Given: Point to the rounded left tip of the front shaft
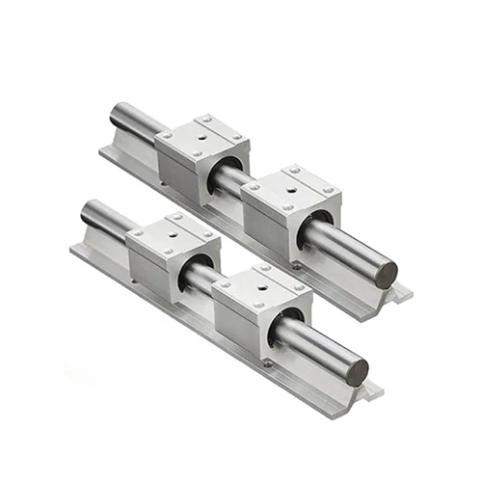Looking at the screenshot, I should [87, 213].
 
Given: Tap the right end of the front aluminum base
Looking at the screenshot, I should [371, 391].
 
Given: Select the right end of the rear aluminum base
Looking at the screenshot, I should [401, 293].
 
